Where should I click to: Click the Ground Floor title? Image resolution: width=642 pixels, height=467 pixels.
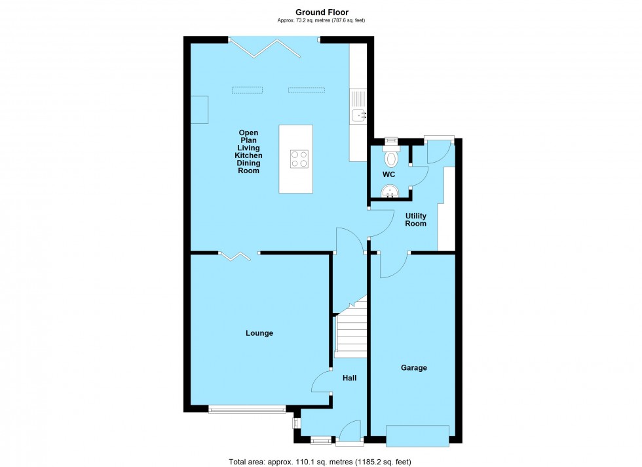[x=321, y=12]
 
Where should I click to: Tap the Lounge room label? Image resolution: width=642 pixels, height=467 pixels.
[x=259, y=333]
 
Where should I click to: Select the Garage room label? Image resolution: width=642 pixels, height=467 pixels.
[x=413, y=368]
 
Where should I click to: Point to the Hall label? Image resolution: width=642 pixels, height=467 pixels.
[x=350, y=377]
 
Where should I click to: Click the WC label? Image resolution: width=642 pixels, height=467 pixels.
[x=388, y=175]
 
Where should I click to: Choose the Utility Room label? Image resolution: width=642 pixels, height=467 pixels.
[x=415, y=220]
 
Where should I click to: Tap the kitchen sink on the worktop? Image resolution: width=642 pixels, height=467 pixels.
[x=358, y=115]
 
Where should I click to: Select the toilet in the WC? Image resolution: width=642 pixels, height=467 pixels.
[x=391, y=157]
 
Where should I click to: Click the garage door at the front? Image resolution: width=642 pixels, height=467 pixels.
[x=417, y=435]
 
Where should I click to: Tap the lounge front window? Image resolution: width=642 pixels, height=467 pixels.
[x=247, y=410]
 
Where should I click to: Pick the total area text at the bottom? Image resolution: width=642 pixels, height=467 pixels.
[x=321, y=462]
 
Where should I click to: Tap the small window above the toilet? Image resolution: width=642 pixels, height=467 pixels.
[x=390, y=139]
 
